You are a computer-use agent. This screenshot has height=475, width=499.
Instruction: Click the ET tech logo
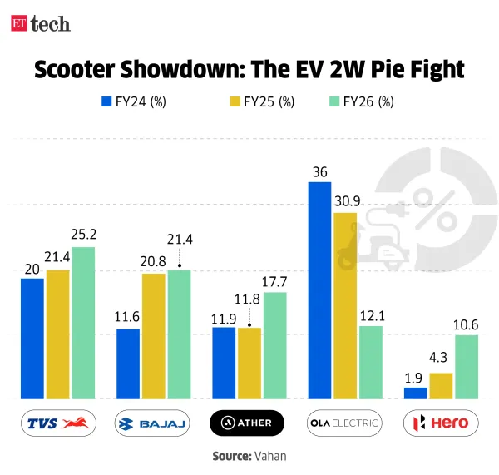tap(41, 23)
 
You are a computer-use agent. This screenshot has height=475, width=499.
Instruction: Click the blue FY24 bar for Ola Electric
tap(320, 290)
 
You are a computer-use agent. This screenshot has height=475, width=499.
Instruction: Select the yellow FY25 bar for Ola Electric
tap(344, 305)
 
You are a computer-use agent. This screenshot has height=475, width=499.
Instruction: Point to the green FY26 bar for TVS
tap(82, 323)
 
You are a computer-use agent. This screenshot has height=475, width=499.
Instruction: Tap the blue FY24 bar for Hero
tap(416, 393)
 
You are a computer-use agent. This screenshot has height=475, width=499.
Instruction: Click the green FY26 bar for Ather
tap(274, 345)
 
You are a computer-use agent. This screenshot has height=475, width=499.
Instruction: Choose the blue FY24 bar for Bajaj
tap(128, 364)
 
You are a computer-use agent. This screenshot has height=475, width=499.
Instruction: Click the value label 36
tap(320, 172)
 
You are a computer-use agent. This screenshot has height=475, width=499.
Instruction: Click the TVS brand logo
tap(59, 423)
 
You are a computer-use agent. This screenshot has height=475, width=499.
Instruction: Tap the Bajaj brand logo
tap(152, 423)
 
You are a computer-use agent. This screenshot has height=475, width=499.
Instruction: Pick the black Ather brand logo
tap(247, 423)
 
